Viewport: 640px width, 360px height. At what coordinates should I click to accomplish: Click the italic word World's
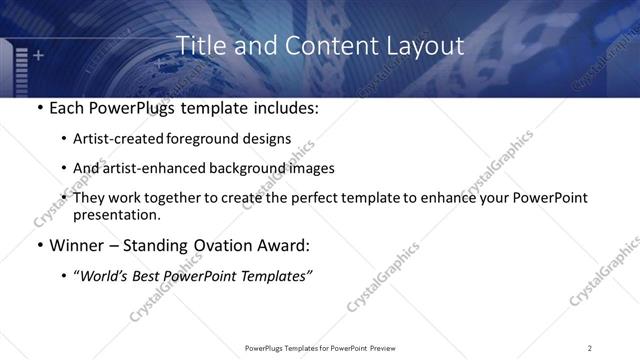(106, 277)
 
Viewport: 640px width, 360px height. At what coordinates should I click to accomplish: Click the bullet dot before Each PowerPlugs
(38, 109)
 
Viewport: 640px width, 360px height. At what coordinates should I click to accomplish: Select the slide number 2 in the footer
(590, 348)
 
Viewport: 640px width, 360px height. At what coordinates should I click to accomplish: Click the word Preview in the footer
(386, 348)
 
